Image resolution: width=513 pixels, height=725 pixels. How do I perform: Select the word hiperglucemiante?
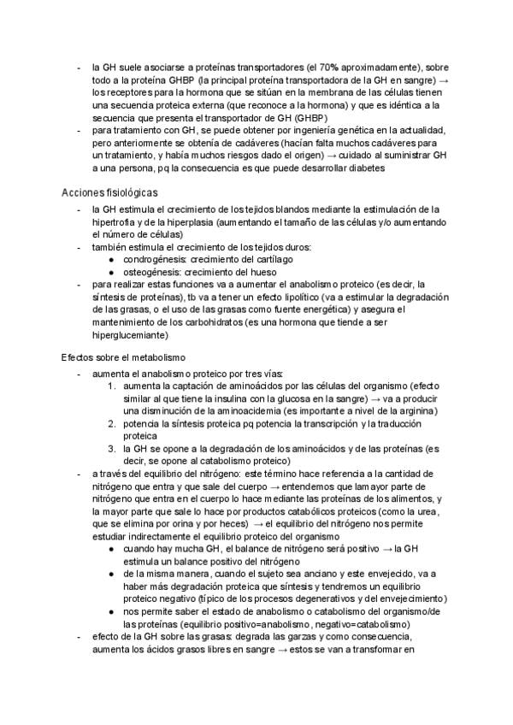pos(135,337)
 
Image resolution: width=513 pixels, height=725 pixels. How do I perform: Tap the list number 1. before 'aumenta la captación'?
pos(112,386)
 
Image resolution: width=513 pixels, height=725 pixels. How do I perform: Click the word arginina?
pos(418,410)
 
